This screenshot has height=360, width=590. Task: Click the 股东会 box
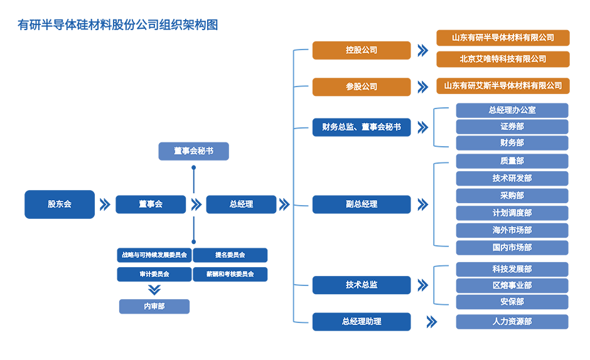60,204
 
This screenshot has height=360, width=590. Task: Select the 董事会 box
151,204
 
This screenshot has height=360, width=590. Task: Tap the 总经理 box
241,204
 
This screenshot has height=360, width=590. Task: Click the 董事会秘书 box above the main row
193,151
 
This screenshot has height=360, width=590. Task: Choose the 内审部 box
154,307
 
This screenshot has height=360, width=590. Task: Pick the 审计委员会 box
154,274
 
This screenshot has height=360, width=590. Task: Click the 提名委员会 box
230,255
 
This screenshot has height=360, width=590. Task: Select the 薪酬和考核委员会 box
230,274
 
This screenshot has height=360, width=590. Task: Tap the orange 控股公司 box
361,50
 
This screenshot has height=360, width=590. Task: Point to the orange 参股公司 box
361,87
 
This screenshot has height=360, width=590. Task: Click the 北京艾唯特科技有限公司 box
503,59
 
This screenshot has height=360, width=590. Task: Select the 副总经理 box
361,204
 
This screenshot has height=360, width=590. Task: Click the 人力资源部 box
512,322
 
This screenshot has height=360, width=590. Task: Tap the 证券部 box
512,127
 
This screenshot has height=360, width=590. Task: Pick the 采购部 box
512,196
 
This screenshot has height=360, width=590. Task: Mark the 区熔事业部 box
512,285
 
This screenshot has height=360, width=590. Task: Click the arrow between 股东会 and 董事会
104,204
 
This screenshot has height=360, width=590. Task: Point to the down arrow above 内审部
154,290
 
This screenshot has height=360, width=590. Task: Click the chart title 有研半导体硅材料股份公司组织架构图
118,25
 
